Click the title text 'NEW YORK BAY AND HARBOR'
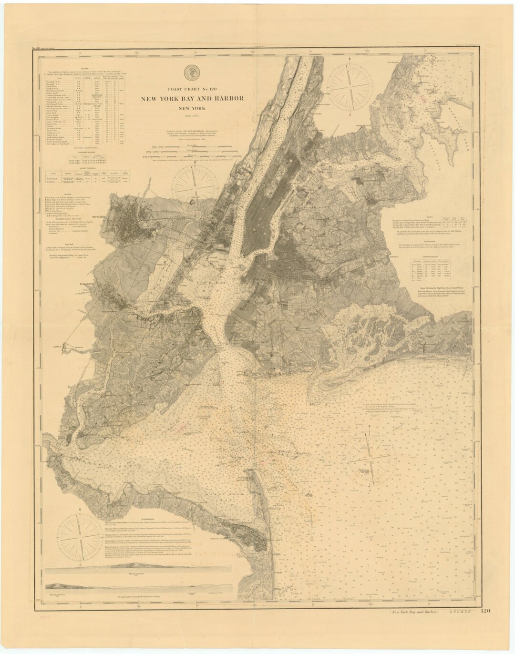tap(192, 99)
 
